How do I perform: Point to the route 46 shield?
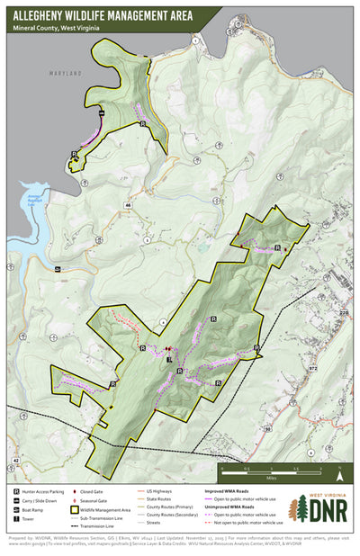pos(129,206)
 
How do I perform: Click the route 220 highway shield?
pos(343,313)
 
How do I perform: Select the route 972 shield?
pos(313,368)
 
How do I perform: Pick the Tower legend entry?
pos(31,517)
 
